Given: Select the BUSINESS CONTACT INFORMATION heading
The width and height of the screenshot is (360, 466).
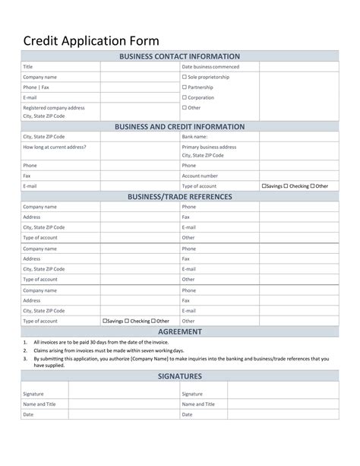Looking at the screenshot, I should point(180,56).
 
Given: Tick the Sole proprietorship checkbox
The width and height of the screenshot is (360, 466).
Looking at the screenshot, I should point(185,77).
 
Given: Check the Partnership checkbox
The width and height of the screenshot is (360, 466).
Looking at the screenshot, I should point(185,87).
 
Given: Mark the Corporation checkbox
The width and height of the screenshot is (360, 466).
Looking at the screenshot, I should point(185,97).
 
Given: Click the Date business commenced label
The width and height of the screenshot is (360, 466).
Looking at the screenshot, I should point(210,67).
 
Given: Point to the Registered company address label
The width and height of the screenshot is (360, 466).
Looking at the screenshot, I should point(54,108).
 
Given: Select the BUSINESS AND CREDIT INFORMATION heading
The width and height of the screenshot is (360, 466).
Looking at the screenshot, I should point(180,126).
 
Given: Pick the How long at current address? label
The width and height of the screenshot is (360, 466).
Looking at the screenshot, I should point(55,147).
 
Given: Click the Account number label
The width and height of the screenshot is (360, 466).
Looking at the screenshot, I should point(200,176).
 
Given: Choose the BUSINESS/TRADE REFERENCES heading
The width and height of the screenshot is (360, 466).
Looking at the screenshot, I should point(180,197).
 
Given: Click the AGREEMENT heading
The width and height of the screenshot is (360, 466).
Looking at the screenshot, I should point(180,331).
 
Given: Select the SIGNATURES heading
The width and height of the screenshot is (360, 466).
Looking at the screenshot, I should point(180,376).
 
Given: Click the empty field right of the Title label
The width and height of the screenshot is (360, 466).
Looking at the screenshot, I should point(138,67).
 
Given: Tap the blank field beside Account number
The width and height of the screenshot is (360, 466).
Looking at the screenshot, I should point(298,176).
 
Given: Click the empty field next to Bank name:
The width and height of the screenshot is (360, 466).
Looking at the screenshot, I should point(298,137).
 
